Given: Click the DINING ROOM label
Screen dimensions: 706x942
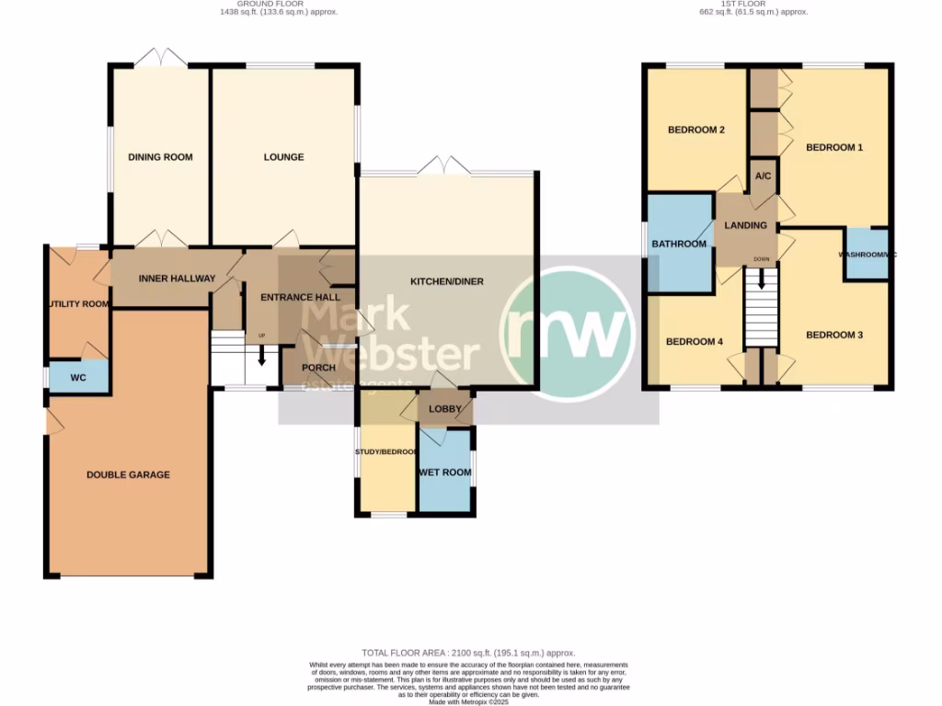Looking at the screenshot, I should click(x=160, y=157).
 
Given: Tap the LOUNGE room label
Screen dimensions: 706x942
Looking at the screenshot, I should click(x=283, y=157).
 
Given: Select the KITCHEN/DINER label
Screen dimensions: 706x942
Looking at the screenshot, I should click(x=446, y=281).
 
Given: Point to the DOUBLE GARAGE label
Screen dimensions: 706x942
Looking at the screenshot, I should click(x=128, y=475).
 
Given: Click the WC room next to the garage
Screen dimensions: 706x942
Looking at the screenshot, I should click(x=78, y=377).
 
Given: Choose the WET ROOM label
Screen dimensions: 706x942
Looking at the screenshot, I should click(x=445, y=473).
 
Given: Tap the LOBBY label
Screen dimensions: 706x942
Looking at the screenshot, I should click(x=444, y=408).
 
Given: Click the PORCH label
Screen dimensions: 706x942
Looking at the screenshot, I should click(x=318, y=368).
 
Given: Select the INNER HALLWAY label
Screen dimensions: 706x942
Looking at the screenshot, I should click(x=177, y=279).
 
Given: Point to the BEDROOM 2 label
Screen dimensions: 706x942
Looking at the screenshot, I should click(x=695, y=130).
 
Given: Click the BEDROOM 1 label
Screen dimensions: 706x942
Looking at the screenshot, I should click(x=834, y=147).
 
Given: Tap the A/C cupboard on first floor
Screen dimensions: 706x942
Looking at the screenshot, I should click(x=762, y=176).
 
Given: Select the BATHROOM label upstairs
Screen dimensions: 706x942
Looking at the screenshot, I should click(x=679, y=244).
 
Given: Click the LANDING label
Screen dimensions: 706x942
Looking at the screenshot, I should click(x=745, y=225).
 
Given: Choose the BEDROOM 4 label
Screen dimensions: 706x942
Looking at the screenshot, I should click(x=694, y=342).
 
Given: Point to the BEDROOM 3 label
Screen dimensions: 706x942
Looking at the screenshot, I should click(x=834, y=336).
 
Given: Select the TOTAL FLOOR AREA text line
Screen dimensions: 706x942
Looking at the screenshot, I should click(x=470, y=653).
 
